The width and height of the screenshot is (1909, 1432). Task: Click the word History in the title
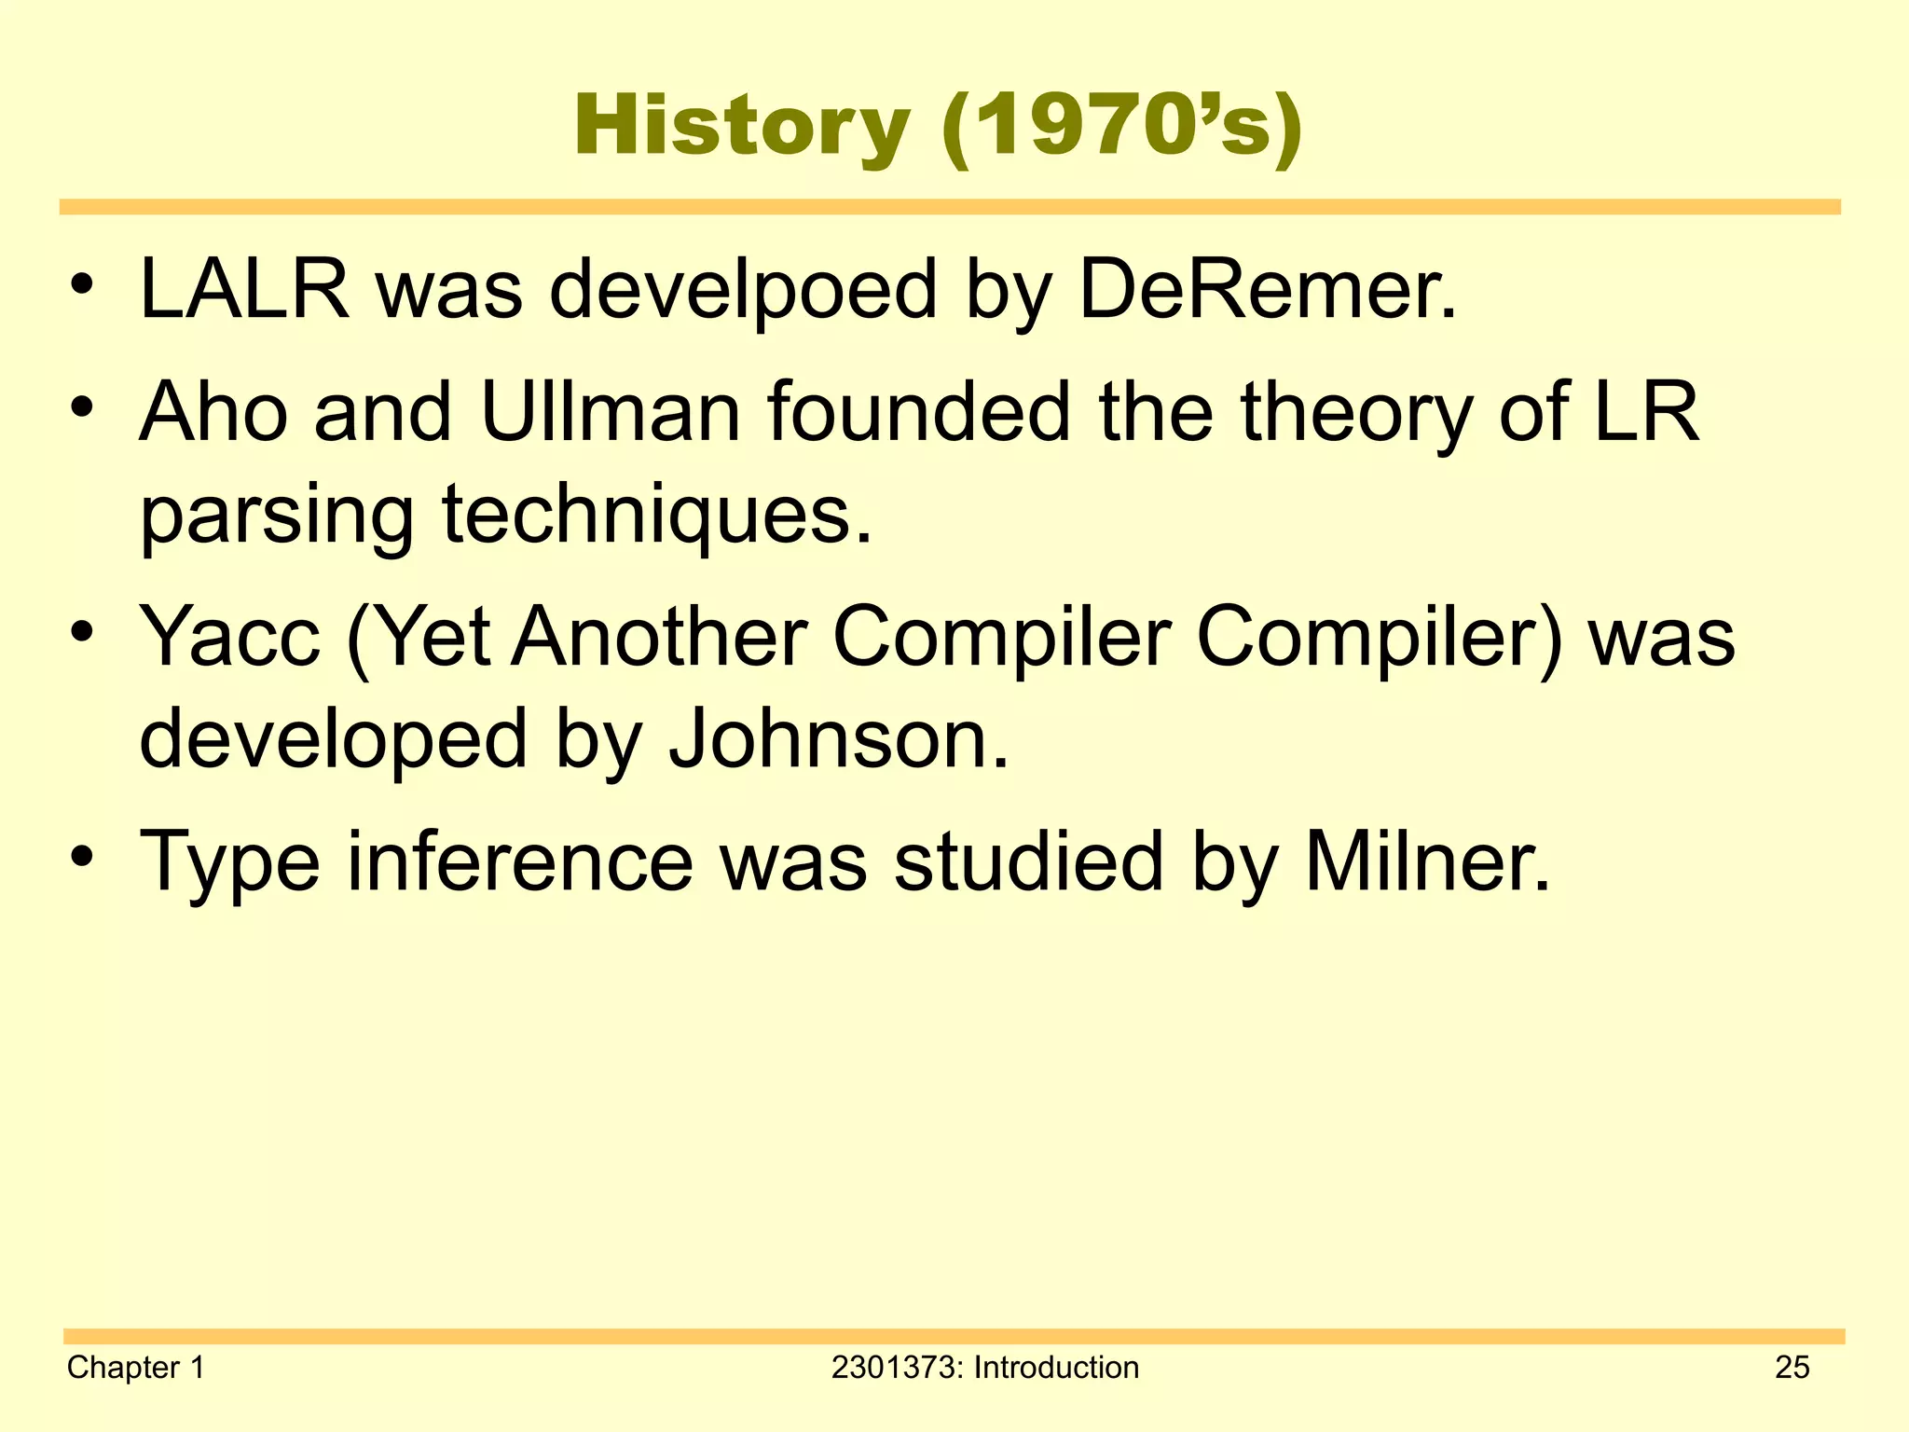coord(741,127)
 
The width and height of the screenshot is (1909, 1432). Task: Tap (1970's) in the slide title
coord(1121,127)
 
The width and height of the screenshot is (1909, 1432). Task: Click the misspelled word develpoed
coord(742,291)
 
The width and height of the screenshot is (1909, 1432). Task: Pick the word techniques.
coord(657,515)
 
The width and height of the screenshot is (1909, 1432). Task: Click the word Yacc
coord(229,637)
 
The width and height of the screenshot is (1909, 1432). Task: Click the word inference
coord(520,861)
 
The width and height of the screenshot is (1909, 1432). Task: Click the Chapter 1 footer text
coord(136,1368)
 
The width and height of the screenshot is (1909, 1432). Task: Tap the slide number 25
coord(1792,1368)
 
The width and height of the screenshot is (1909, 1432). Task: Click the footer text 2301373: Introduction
coord(984,1368)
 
